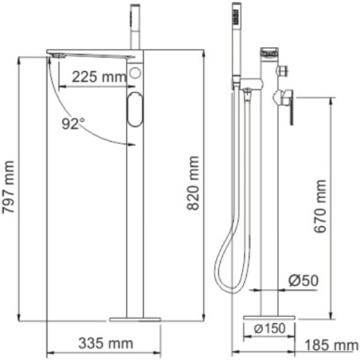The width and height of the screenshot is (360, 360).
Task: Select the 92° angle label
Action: coord(74,124)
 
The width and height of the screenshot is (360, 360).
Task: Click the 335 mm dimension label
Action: coord(106,343)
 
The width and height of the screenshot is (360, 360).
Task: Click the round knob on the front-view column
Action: coord(135,75)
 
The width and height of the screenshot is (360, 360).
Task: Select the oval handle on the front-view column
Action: coord(135,110)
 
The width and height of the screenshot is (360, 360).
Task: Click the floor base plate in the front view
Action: coord(136,317)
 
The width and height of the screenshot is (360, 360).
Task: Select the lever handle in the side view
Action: coord(290,106)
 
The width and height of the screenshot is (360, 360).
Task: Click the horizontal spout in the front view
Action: coord(90,53)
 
